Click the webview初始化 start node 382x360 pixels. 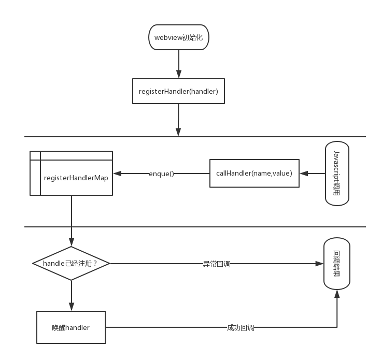pyautogui.click(x=178, y=37)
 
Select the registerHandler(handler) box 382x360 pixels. pyautogui.click(x=178, y=91)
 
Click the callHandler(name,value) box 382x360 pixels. pyautogui.click(x=254, y=174)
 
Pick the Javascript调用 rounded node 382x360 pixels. pyautogui.click(x=337, y=173)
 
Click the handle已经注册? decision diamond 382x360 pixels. pyautogui.click(x=71, y=263)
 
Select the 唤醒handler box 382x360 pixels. pyautogui.click(x=71, y=327)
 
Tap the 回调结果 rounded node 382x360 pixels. pyautogui.click(x=337, y=263)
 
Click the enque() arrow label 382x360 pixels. pyautogui.click(x=161, y=174)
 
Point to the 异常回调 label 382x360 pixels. pyautogui.click(x=216, y=264)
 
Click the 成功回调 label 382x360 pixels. pyautogui.click(x=240, y=327)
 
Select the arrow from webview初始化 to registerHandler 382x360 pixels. pyautogui.click(x=178, y=64)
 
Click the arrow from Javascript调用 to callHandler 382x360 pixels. pyautogui.click(x=312, y=174)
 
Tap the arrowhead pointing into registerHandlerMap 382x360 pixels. pyautogui.click(x=117, y=174)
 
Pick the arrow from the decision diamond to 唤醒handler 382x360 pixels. pyautogui.click(x=71, y=295)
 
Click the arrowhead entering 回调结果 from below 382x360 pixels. pyautogui.click(x=337, y=294)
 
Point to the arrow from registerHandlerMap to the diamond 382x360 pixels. pyautogui.click(x=71, y=218)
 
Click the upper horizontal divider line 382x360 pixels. pyautogui.click(x=104, y=137)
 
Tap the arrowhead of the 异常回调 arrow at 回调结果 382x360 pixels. pyautogui.click(x=319, y=264)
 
